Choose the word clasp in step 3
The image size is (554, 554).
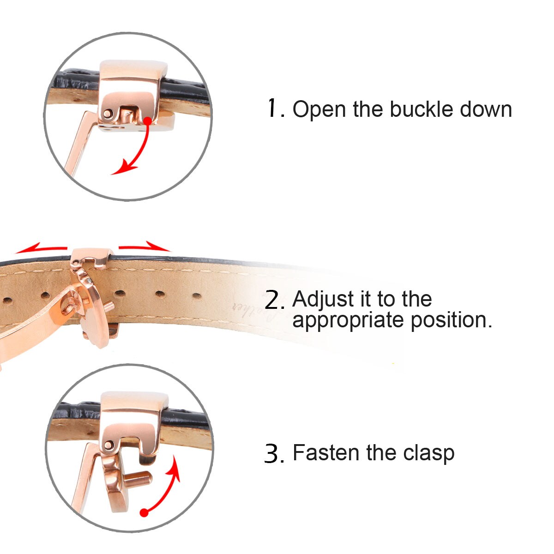428,454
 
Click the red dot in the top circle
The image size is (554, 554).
147,121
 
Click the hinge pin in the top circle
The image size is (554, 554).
108,113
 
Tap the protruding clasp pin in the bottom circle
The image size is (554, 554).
138,479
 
